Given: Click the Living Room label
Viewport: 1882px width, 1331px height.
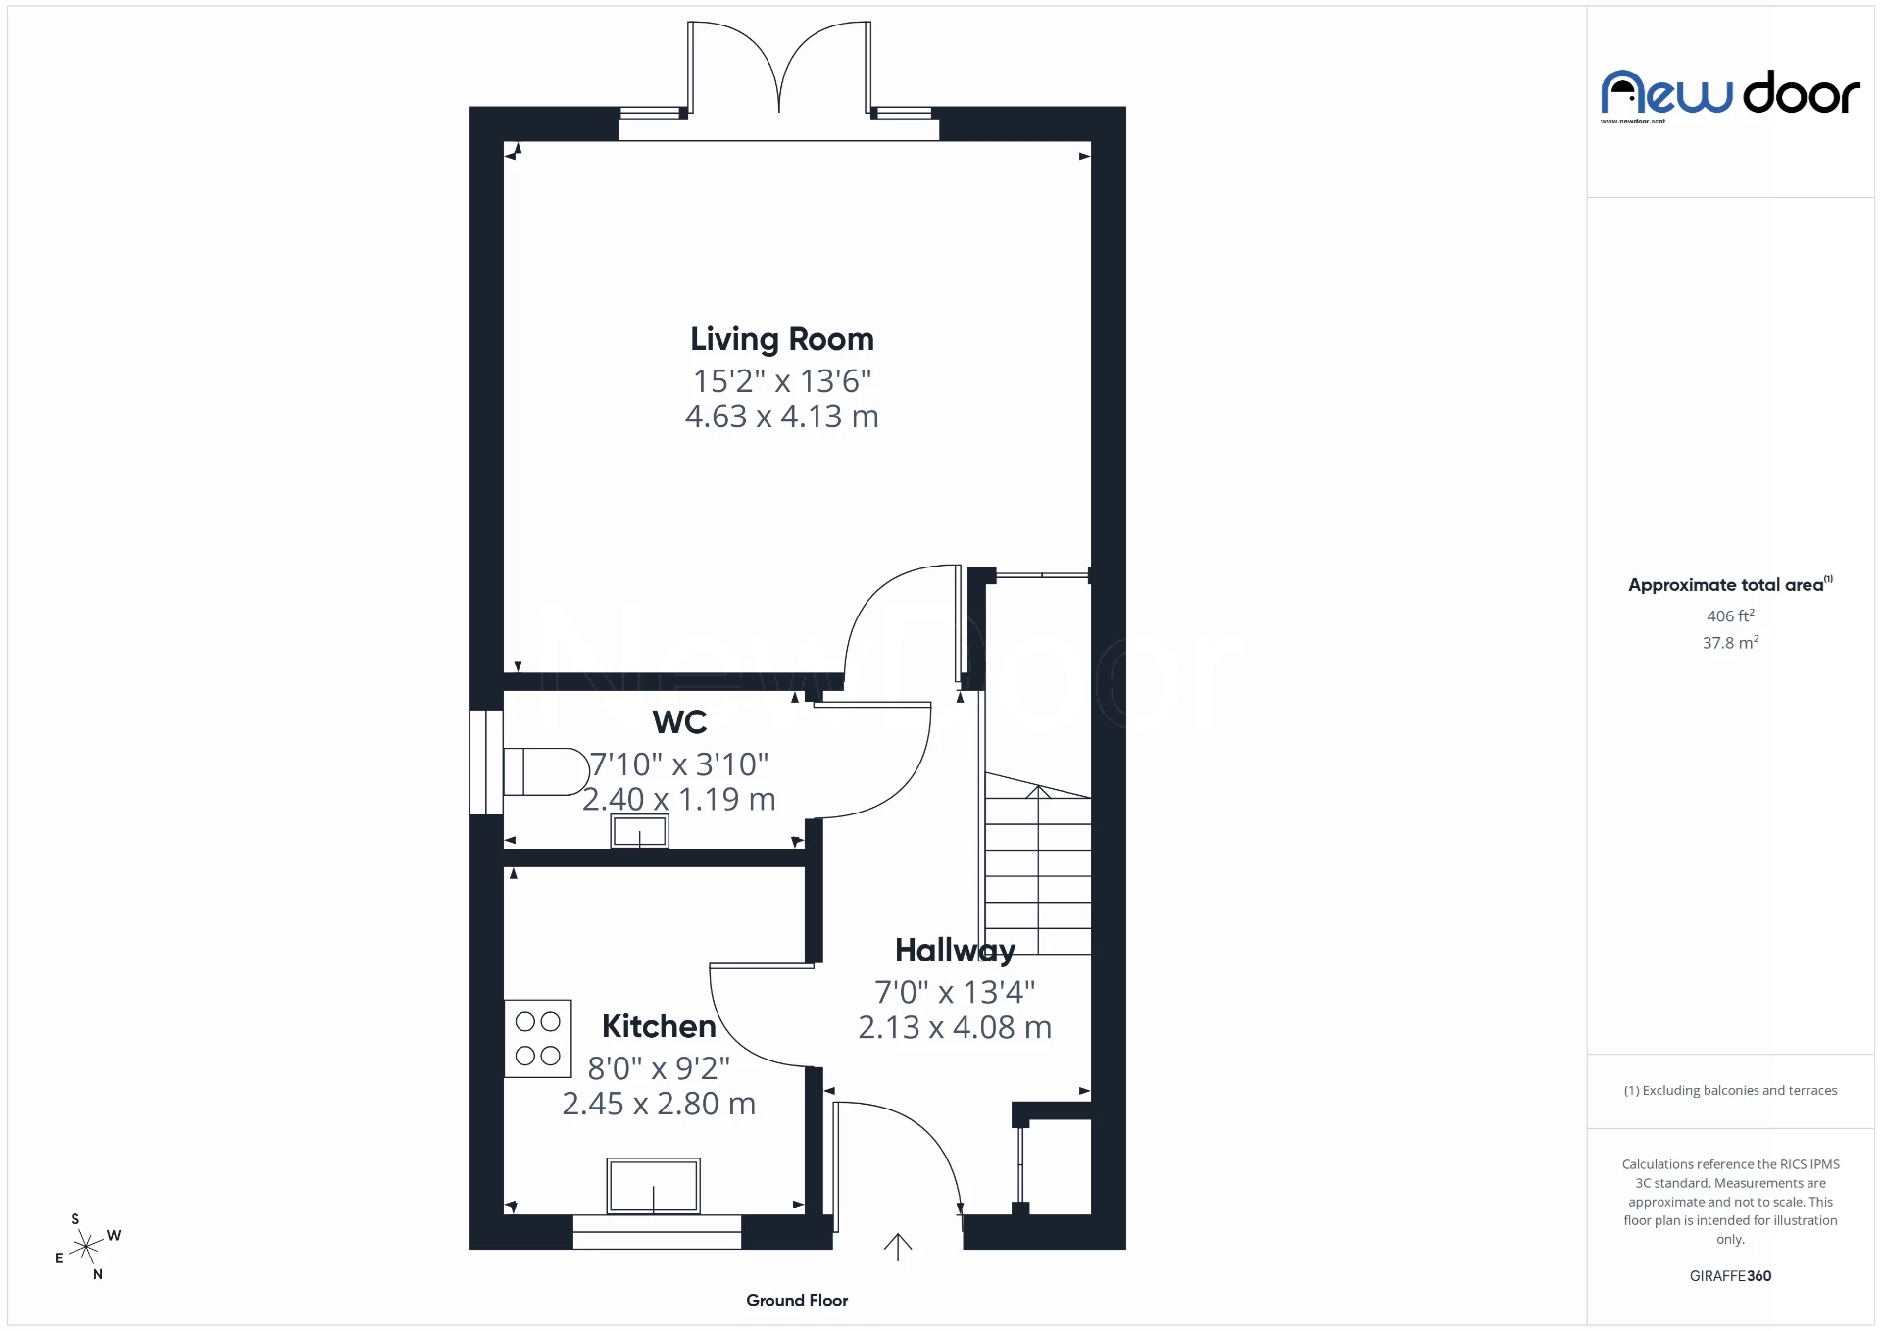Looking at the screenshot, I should (781, 339).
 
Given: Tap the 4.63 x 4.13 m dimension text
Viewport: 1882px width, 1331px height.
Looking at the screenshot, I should (781, 417).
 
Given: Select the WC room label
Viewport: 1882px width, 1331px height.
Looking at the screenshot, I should (679, 722).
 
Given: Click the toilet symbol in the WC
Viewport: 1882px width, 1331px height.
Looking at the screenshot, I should (545, 771).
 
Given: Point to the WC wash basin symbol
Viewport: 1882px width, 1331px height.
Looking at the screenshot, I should (639, 832).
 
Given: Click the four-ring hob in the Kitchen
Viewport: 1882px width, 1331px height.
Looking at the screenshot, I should (537, 1038).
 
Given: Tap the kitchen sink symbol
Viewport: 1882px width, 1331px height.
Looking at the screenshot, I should (653, 1186).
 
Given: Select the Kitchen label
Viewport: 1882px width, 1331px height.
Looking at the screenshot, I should (659, 1026).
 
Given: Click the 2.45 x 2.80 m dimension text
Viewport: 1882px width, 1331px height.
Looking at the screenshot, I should (659, 1105).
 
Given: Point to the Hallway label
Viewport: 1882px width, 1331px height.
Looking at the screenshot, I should (955, 950).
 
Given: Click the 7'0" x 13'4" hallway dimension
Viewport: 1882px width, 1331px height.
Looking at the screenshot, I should (955, 992).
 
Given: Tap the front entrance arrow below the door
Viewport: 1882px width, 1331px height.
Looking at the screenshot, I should (898, 1247).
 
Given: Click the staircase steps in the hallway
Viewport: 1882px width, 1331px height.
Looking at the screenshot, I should (1037, 872).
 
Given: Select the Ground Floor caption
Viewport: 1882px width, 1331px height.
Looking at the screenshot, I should (797, 1301).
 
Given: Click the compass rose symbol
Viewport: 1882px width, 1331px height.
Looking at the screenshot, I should (87, 1247).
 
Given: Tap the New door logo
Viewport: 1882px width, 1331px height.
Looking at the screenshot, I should (1730, 94).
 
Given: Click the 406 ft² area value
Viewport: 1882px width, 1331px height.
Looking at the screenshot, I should (1730, 616).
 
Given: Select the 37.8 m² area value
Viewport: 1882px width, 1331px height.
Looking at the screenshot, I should (1730, 643).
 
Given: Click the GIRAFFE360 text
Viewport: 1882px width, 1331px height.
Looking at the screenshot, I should (1730, 1276).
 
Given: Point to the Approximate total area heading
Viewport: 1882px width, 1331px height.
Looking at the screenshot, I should (1727, 585).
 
